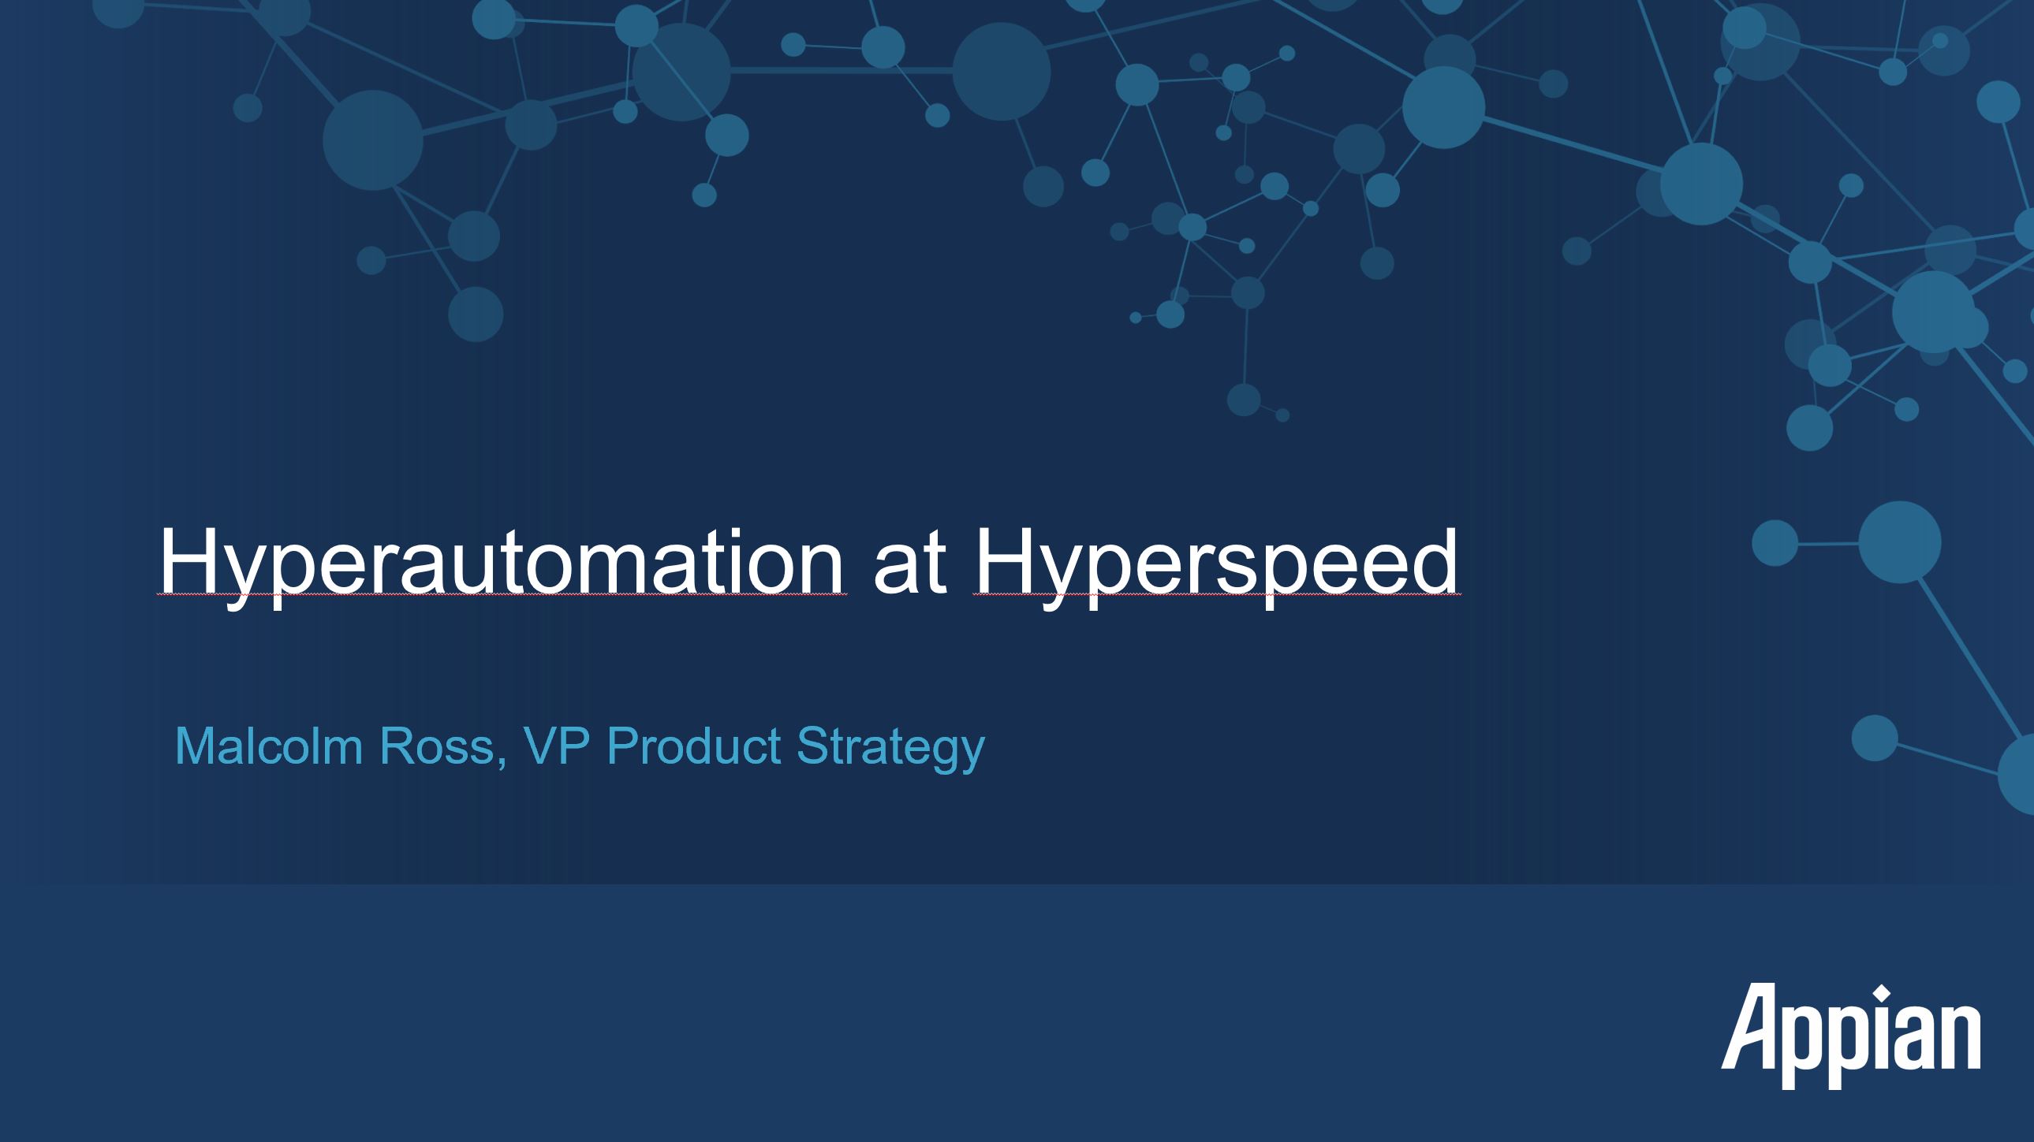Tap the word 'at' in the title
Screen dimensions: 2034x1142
[909, 564]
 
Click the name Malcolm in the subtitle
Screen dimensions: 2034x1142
[268, 746]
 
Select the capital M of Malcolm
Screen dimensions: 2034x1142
[196, 746]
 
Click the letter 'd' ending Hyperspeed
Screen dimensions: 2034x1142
[1433, 561]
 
